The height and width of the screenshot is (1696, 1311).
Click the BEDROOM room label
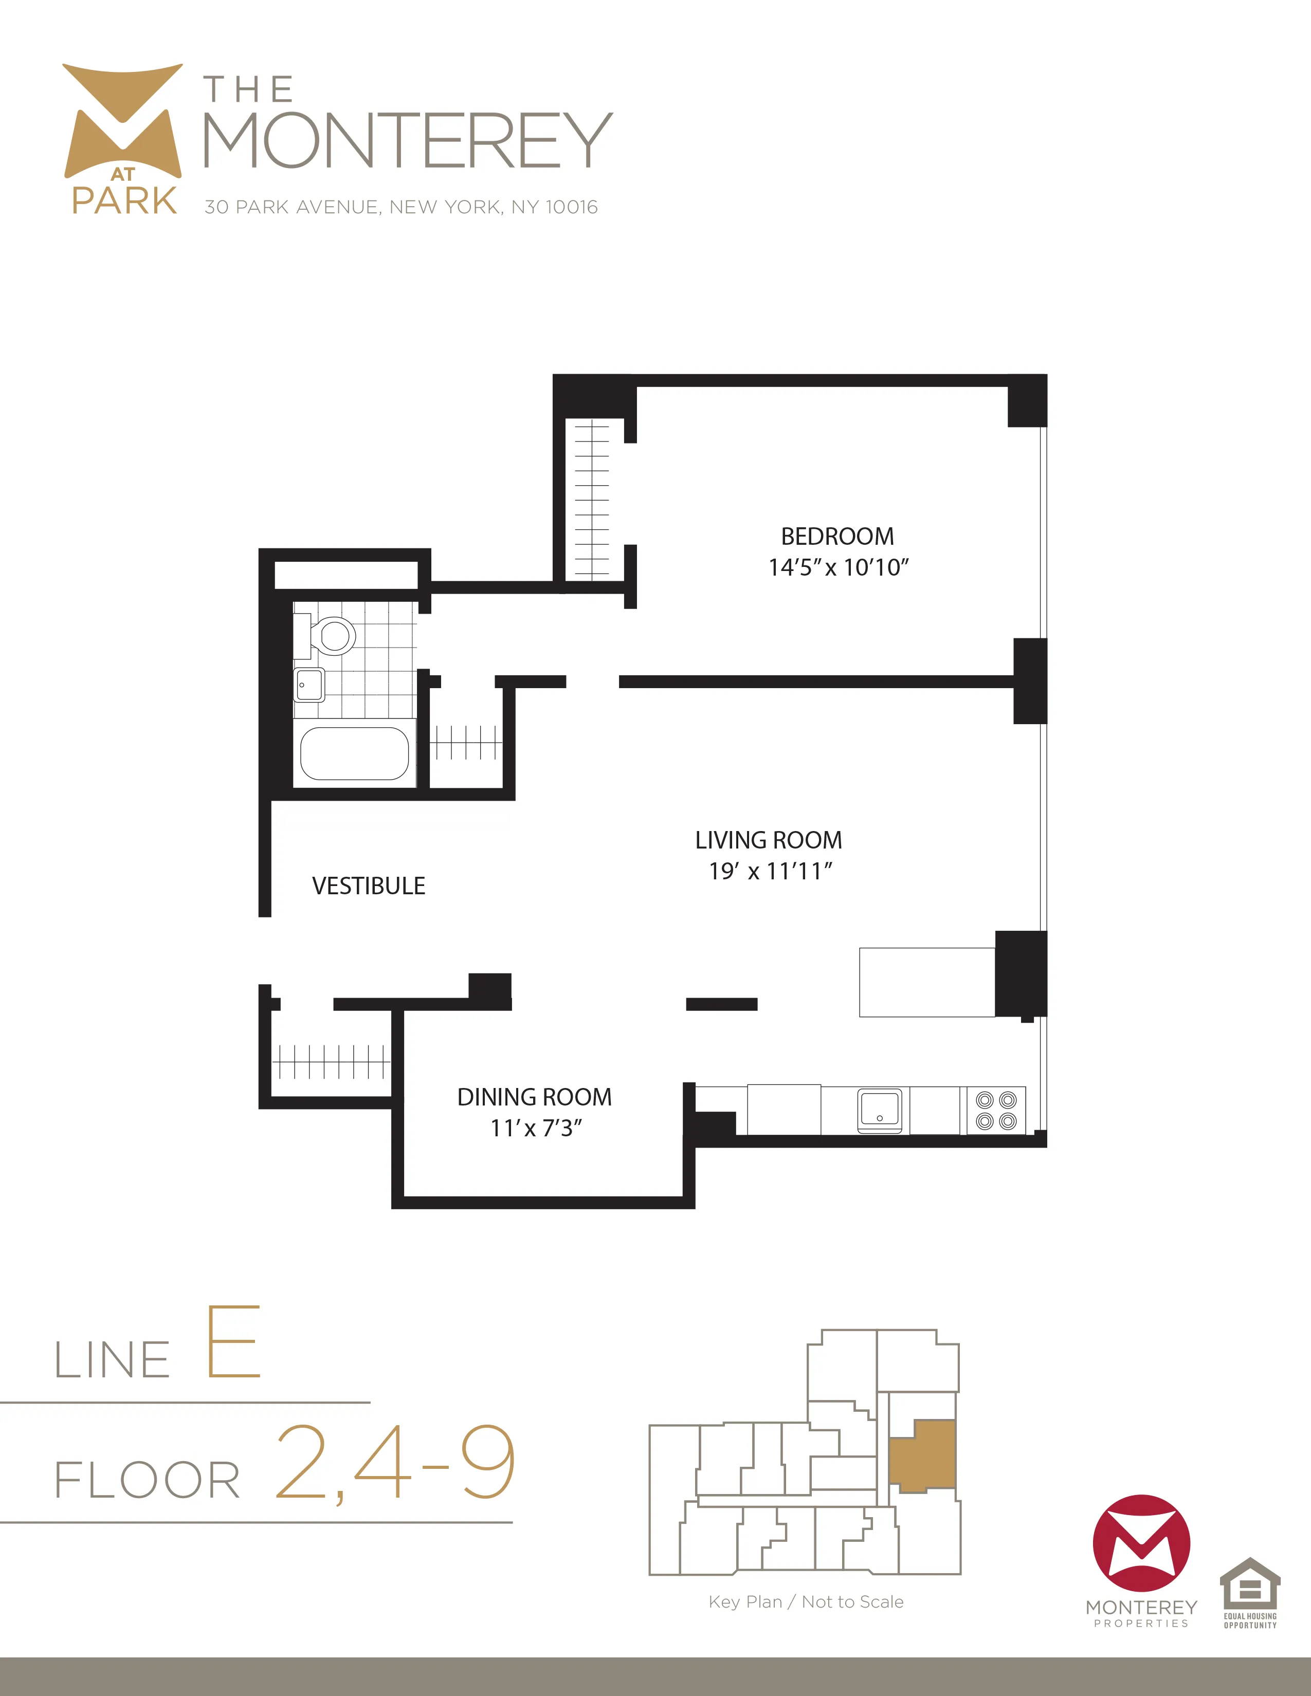[x=837, y=536]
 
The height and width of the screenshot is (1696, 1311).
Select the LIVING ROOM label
[x=768, y=840]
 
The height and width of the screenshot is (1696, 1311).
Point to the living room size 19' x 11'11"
[x=770, y=871]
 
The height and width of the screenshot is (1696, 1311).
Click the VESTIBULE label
[x=368, y=886]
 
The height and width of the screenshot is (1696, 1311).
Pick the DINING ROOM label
[x=534, y=1097]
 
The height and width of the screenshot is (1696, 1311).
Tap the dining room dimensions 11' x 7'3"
[x=536, y=1128]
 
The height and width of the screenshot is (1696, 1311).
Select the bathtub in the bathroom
[x=354, y=753]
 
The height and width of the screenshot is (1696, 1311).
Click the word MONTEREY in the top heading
[x=408, y=140]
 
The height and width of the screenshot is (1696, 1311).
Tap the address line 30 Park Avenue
[x=401, y=207]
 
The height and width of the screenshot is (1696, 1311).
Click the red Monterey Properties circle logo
[x=1141, y=1543]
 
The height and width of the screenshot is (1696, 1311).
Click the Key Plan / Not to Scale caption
[x=806, y=1602]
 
